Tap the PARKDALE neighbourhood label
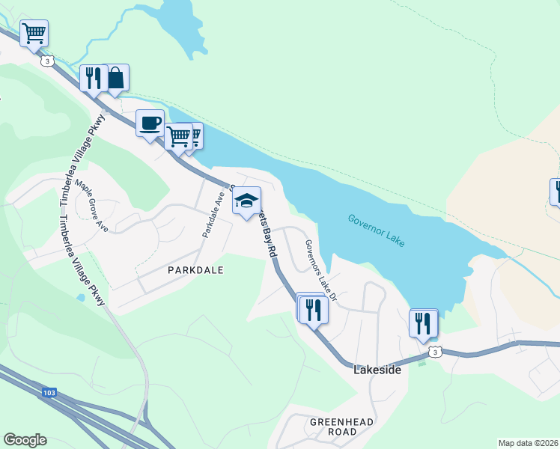click(195, 269)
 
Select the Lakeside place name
click(377, 370)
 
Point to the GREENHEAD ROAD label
click(341, 427)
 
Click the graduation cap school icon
click(246, 201)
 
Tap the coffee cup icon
click(150, 123)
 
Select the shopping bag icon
click(116, 78)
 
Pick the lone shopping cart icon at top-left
click(34, 33)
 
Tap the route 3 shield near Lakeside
click(435, 351)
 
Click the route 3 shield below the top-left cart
click(47, 61)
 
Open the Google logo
click(25, 440)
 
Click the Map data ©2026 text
click(527, 443)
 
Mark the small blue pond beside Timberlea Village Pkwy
click(80, 297)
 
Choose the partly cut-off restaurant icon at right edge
click(556, 191)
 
